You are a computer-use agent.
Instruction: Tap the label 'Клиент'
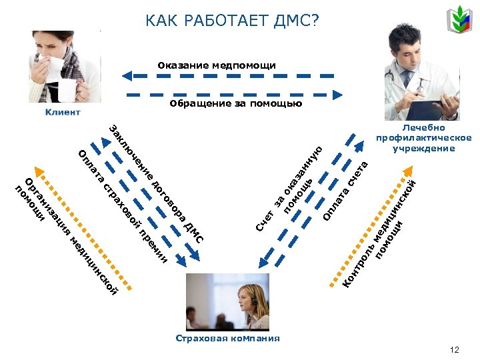point(63,112)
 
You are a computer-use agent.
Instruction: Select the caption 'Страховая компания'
point(228,338)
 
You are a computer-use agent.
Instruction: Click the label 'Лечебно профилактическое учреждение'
point(423,138)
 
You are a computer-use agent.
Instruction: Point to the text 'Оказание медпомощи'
point(217,65)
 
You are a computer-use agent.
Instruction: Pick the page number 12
point(455,350)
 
